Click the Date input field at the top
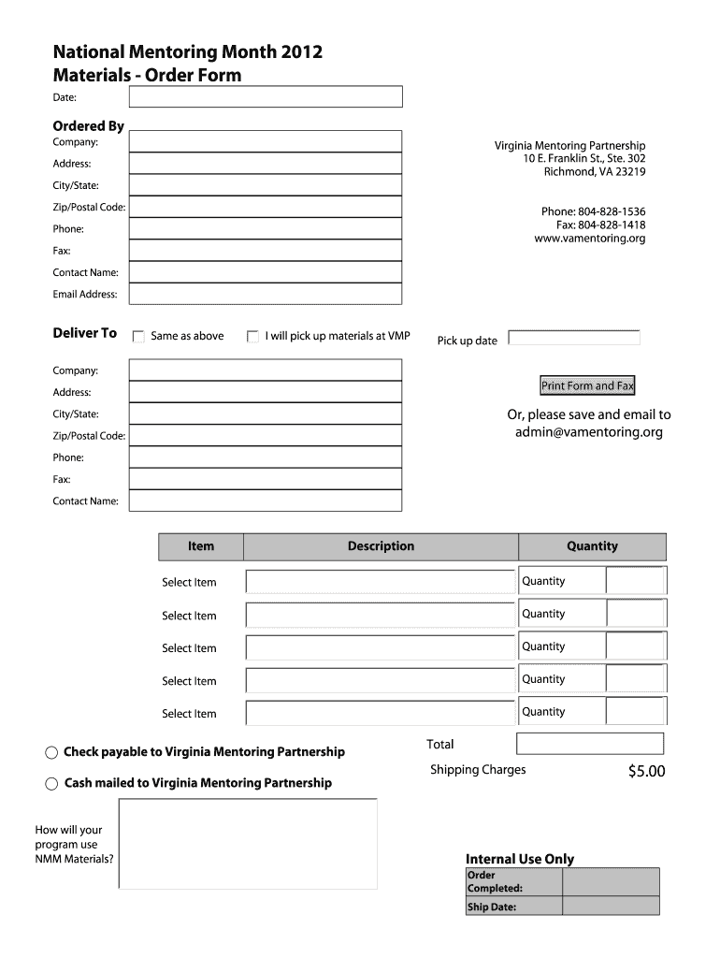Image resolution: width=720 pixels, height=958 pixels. pyautogui.click(x=266, y=97)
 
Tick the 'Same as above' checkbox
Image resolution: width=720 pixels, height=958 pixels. pyautogui.click(x=138, y=337)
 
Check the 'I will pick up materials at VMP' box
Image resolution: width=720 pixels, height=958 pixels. pyautogui.click(x=252, y=337)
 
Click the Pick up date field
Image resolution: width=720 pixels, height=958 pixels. pyautogui.click(x=574, y=339)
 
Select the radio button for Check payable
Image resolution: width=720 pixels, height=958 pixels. pyautogui.click(x=51, y=753)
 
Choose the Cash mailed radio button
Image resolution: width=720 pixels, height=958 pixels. pyautogui.click(x=51, y=784)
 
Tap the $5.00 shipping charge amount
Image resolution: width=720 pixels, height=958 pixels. pyautogui.click(x=646, y=772)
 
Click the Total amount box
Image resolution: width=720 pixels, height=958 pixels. pyautogui.click(x=589, y=744)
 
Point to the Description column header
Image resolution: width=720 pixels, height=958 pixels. pyautogui.click(x=381, y=546)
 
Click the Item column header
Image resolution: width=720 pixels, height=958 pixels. pyautogui.click(x=201, y=546)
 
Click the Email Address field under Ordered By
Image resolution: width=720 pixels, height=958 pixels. pyautogui.click(x=266, y=294)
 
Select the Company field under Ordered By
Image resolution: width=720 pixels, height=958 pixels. pyautogui.click(x=266, y=141)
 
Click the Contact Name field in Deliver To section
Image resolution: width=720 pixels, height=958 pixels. pyautogui.click(x=266, y=501)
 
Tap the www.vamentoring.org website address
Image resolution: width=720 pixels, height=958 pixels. pyautogui.click(x=589, y=239)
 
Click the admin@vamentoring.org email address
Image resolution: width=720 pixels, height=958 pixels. pyautogui.click(x=588, y=432)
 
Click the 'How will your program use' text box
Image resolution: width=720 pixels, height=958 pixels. pyautogui.click(x=248, y=844)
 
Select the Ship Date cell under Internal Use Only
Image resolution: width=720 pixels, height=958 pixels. pyautogui.click(x=611, y=907)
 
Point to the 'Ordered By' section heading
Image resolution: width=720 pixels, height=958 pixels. pyautogui.click(x=88, y=126)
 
